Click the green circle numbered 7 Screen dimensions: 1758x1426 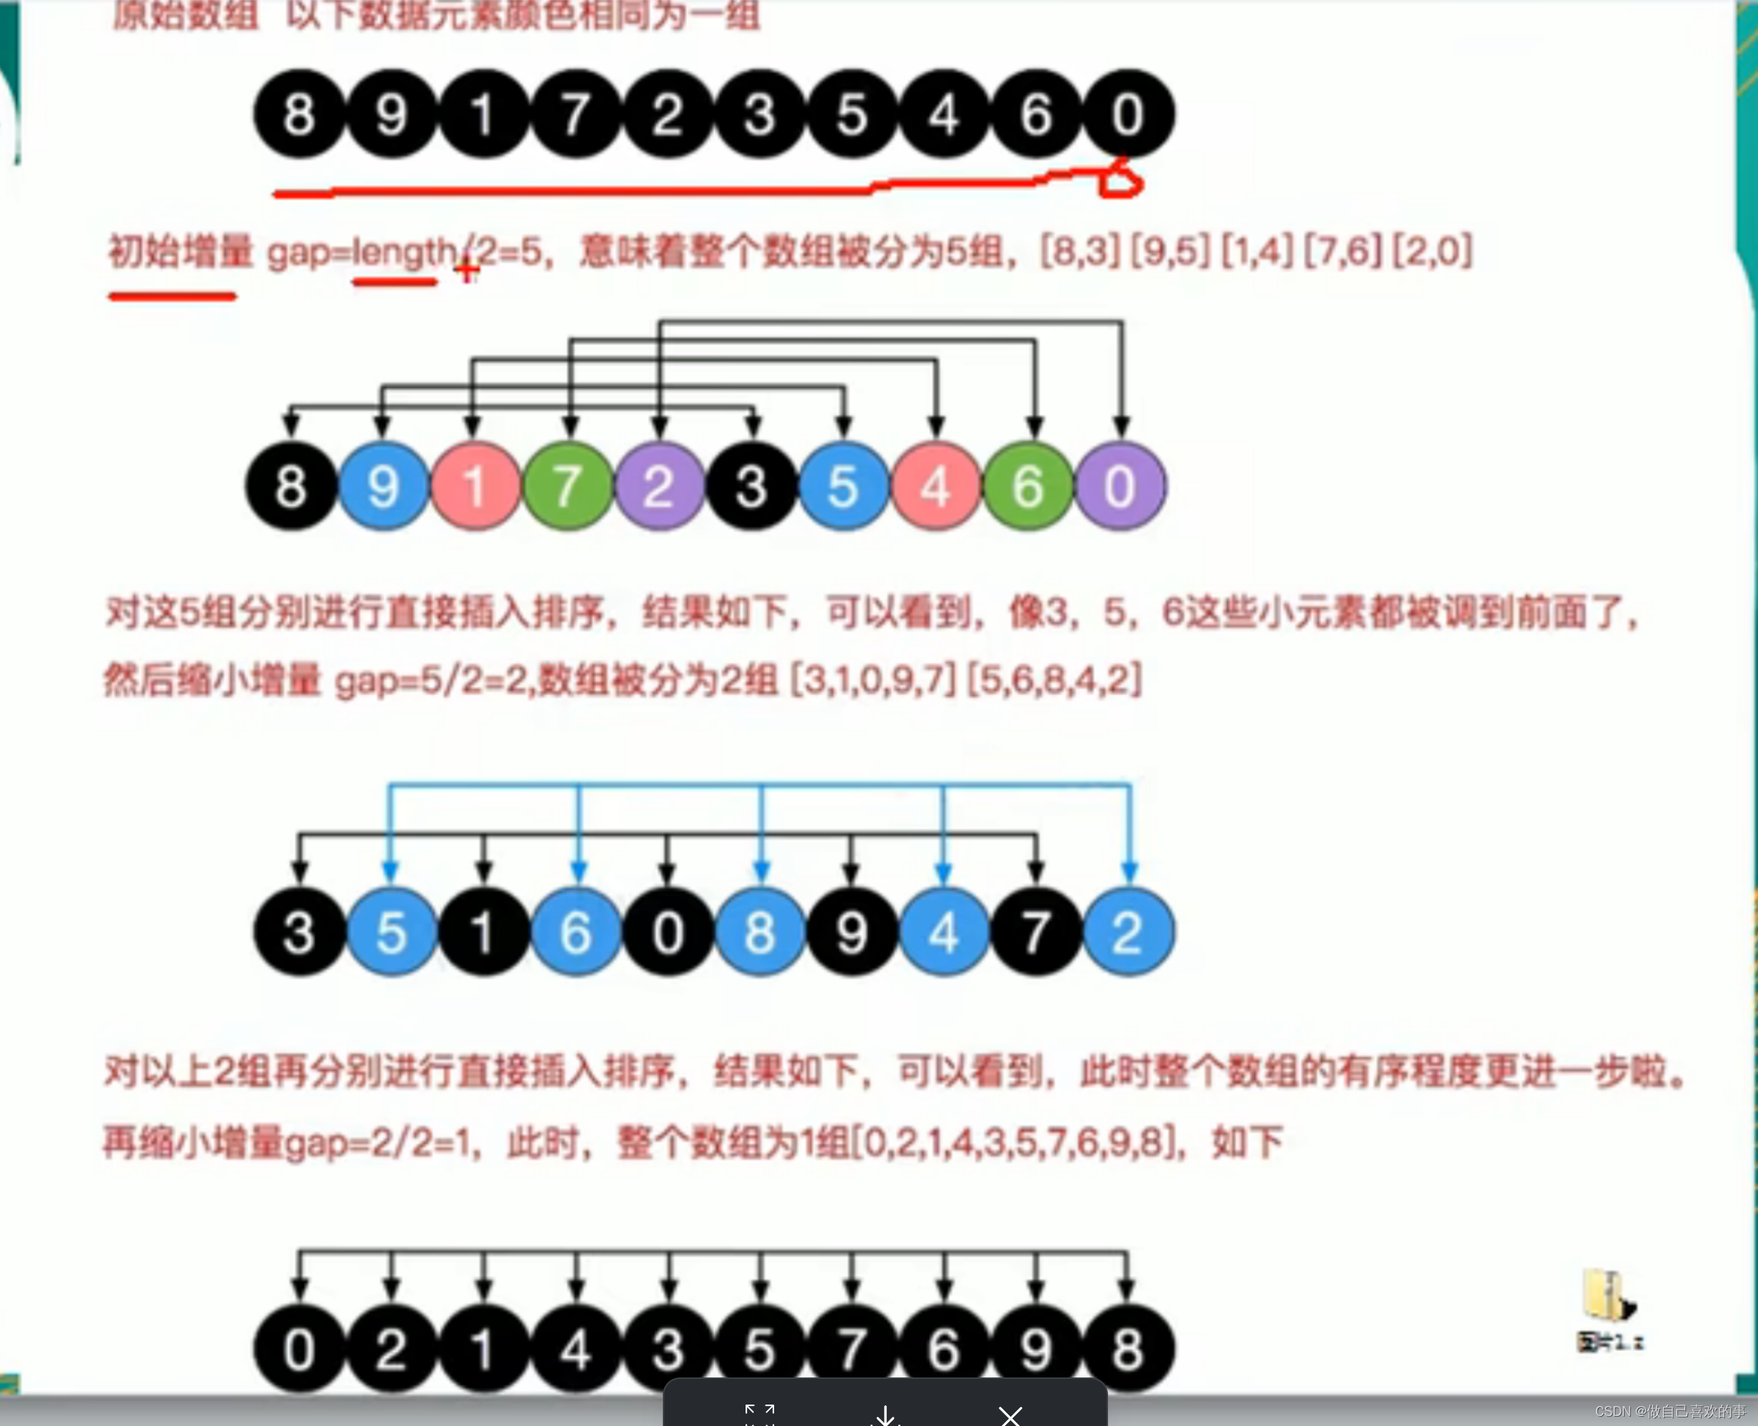tap(567, 485)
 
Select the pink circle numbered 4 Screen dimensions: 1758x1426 tap(935, 485)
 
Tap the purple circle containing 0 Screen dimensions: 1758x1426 tap(1120, 485)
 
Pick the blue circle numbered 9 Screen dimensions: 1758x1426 tap(383, 485)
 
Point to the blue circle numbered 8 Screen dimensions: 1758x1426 tap(760, 931)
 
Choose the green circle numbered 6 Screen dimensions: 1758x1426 tap(1027, 485)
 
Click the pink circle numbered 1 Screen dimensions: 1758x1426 tap(475, 485)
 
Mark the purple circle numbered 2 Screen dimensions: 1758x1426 tap(659, 485)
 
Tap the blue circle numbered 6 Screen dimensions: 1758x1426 tap(576, 931)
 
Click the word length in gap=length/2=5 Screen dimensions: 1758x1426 tap(403, 252)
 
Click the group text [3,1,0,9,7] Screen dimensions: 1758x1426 tap(873, 680)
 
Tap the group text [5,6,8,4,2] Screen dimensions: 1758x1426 tap(1055, 680)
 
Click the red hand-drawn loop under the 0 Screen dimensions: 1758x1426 tap(1120, 181)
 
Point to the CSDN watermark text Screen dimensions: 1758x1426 tap(1670, 1411)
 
